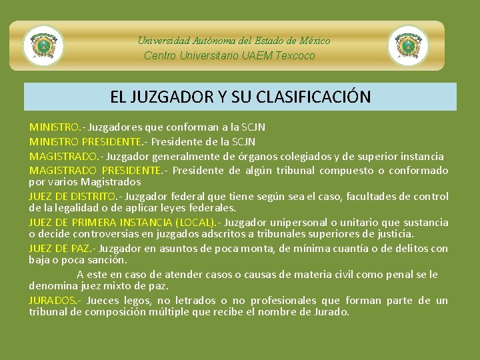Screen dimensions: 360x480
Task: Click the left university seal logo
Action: click(x=43, y=45)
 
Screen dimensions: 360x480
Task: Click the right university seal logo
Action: click(x=408, y=45)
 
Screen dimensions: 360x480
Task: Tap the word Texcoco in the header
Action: click(x=293, y=55)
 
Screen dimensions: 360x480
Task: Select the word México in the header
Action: click(x=313, y=41)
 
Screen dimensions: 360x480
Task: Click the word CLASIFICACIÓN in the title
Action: click(x=313, y=97)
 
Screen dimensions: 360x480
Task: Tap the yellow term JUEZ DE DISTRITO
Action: click(x=73, y=197)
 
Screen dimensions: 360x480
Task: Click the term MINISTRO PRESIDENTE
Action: click(x=85, y=141)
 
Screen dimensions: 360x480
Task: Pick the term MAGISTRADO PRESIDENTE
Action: click(x=95, y=171)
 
